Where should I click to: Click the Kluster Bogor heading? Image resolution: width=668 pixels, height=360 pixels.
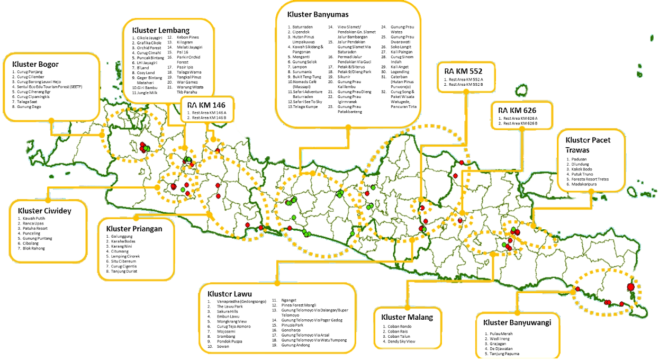tap(35, 65)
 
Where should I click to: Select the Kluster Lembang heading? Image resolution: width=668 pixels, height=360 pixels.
tap(161, 30)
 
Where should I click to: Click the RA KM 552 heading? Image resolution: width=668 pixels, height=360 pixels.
tap(463, 70)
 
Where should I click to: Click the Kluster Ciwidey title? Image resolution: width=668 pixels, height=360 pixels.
tap(44, 211)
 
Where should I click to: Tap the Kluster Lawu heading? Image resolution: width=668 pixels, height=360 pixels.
tap(229, 293)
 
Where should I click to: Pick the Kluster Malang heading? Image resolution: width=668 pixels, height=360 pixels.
tap(407, 317)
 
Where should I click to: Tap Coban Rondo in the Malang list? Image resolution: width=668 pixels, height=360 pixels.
tap(399, 326)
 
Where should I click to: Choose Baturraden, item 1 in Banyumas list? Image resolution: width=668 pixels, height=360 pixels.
tap(303, 26)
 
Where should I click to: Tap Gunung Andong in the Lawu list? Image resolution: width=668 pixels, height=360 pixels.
tap(296, 345)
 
